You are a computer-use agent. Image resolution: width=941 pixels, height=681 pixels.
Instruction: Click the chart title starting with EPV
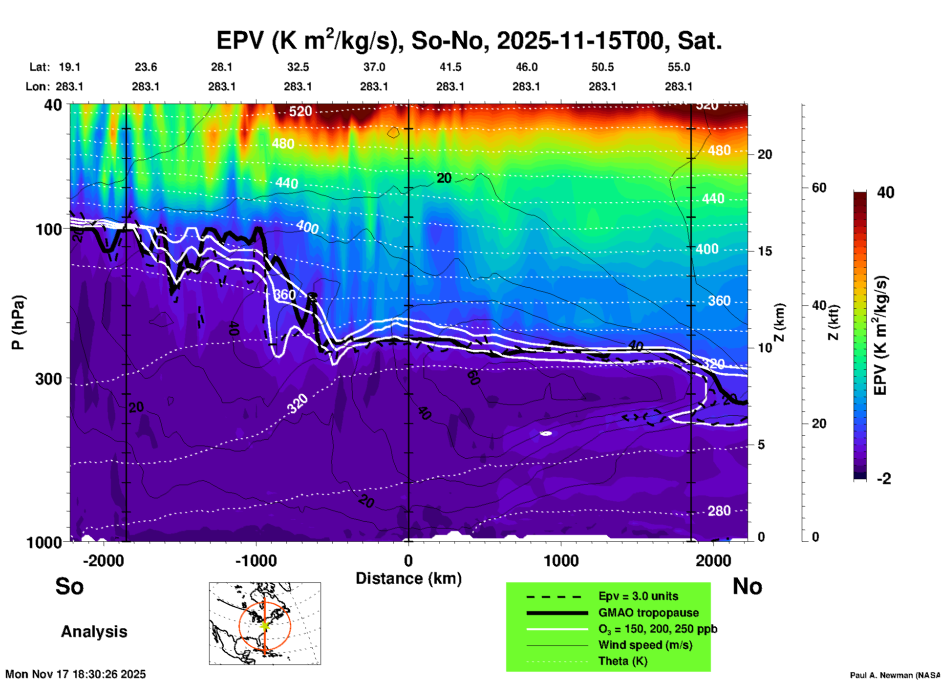(x=469, y=41)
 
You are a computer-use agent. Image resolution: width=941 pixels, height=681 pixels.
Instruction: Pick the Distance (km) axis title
(x=408, y=578)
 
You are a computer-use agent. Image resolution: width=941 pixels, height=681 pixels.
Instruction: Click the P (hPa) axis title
(x=18, y=322)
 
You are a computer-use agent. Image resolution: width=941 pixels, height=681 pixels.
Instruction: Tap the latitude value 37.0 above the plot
(x=374, y=67)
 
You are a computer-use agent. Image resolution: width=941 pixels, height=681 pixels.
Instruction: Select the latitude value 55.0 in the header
(x=679, y=67)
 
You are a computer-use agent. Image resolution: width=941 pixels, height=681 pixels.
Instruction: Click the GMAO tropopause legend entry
(x=648, y=613)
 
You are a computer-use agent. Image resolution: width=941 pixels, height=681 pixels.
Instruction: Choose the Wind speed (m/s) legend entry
(x=645, y=645)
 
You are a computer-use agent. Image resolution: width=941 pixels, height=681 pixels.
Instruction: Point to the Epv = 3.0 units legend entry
(x=638, y=596)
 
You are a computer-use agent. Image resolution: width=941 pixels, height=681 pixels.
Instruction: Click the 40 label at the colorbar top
(x=885, y=192)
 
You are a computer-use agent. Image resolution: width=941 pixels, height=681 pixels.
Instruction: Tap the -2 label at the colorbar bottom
(x=884, y=479)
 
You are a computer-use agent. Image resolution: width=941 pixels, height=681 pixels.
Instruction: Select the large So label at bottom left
(x=69, y=586)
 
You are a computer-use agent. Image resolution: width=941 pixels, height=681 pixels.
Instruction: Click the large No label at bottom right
(x=747, y=586)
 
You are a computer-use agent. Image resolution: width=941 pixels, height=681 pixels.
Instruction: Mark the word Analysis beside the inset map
(x=94, y=632)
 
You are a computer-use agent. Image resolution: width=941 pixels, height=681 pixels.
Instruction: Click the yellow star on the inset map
(x=265, y=625)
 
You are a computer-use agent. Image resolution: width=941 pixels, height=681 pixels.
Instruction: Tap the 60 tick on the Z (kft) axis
(x=819, y=188)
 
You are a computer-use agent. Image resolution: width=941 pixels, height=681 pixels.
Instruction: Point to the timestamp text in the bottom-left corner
(x=76, y=674)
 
